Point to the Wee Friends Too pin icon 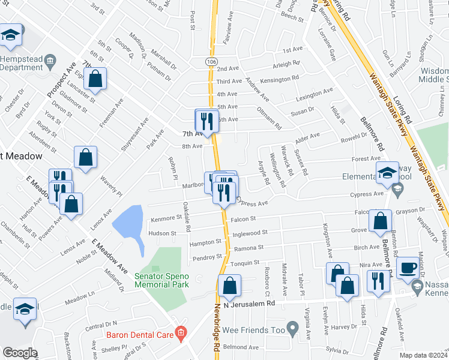coord(292,329)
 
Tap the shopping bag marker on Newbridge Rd coord(229,286)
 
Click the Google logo coord(20,353)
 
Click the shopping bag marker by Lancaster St coord(95,78)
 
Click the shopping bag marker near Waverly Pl coord(86,158)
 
